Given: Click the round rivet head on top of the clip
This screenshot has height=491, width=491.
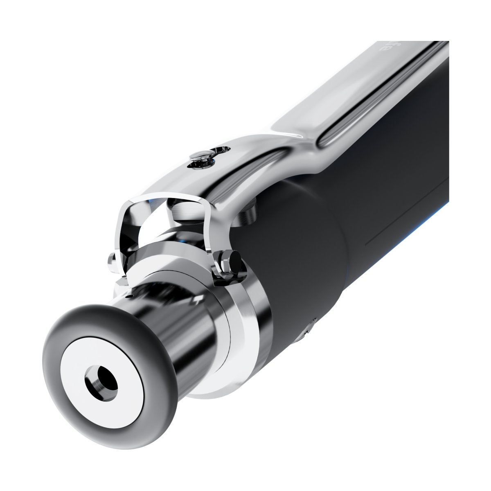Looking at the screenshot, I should (x=201, y=155).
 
